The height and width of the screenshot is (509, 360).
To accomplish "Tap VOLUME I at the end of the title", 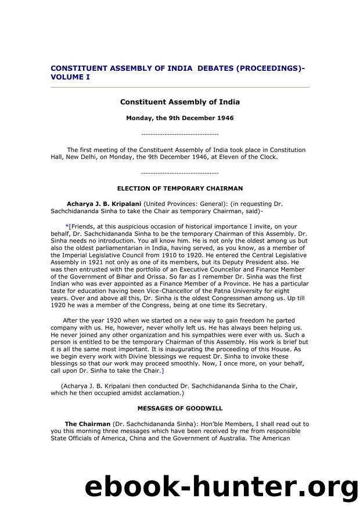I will pyautogui.click(x=70, y=76).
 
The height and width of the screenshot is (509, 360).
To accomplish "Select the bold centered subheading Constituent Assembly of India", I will pyautogui.click(x=179, y=102).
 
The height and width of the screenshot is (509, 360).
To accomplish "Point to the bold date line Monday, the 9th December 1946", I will pyautogui.click(x=179, y=118).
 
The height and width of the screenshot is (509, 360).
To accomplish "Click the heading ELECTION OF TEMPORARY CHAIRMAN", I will pyautogui.click(x=179, y=189).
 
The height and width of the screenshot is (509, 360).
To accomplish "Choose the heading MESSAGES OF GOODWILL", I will pyautogui.click(x=179, y=409).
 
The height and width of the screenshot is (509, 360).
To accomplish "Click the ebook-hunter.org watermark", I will pyautogui.click(x=221, y=486).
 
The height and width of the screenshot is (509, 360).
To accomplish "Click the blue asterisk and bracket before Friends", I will pyautogui.click(x=68, y=226).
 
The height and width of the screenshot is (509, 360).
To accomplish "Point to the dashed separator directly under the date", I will pyautogui.click(x=179, y=134).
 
